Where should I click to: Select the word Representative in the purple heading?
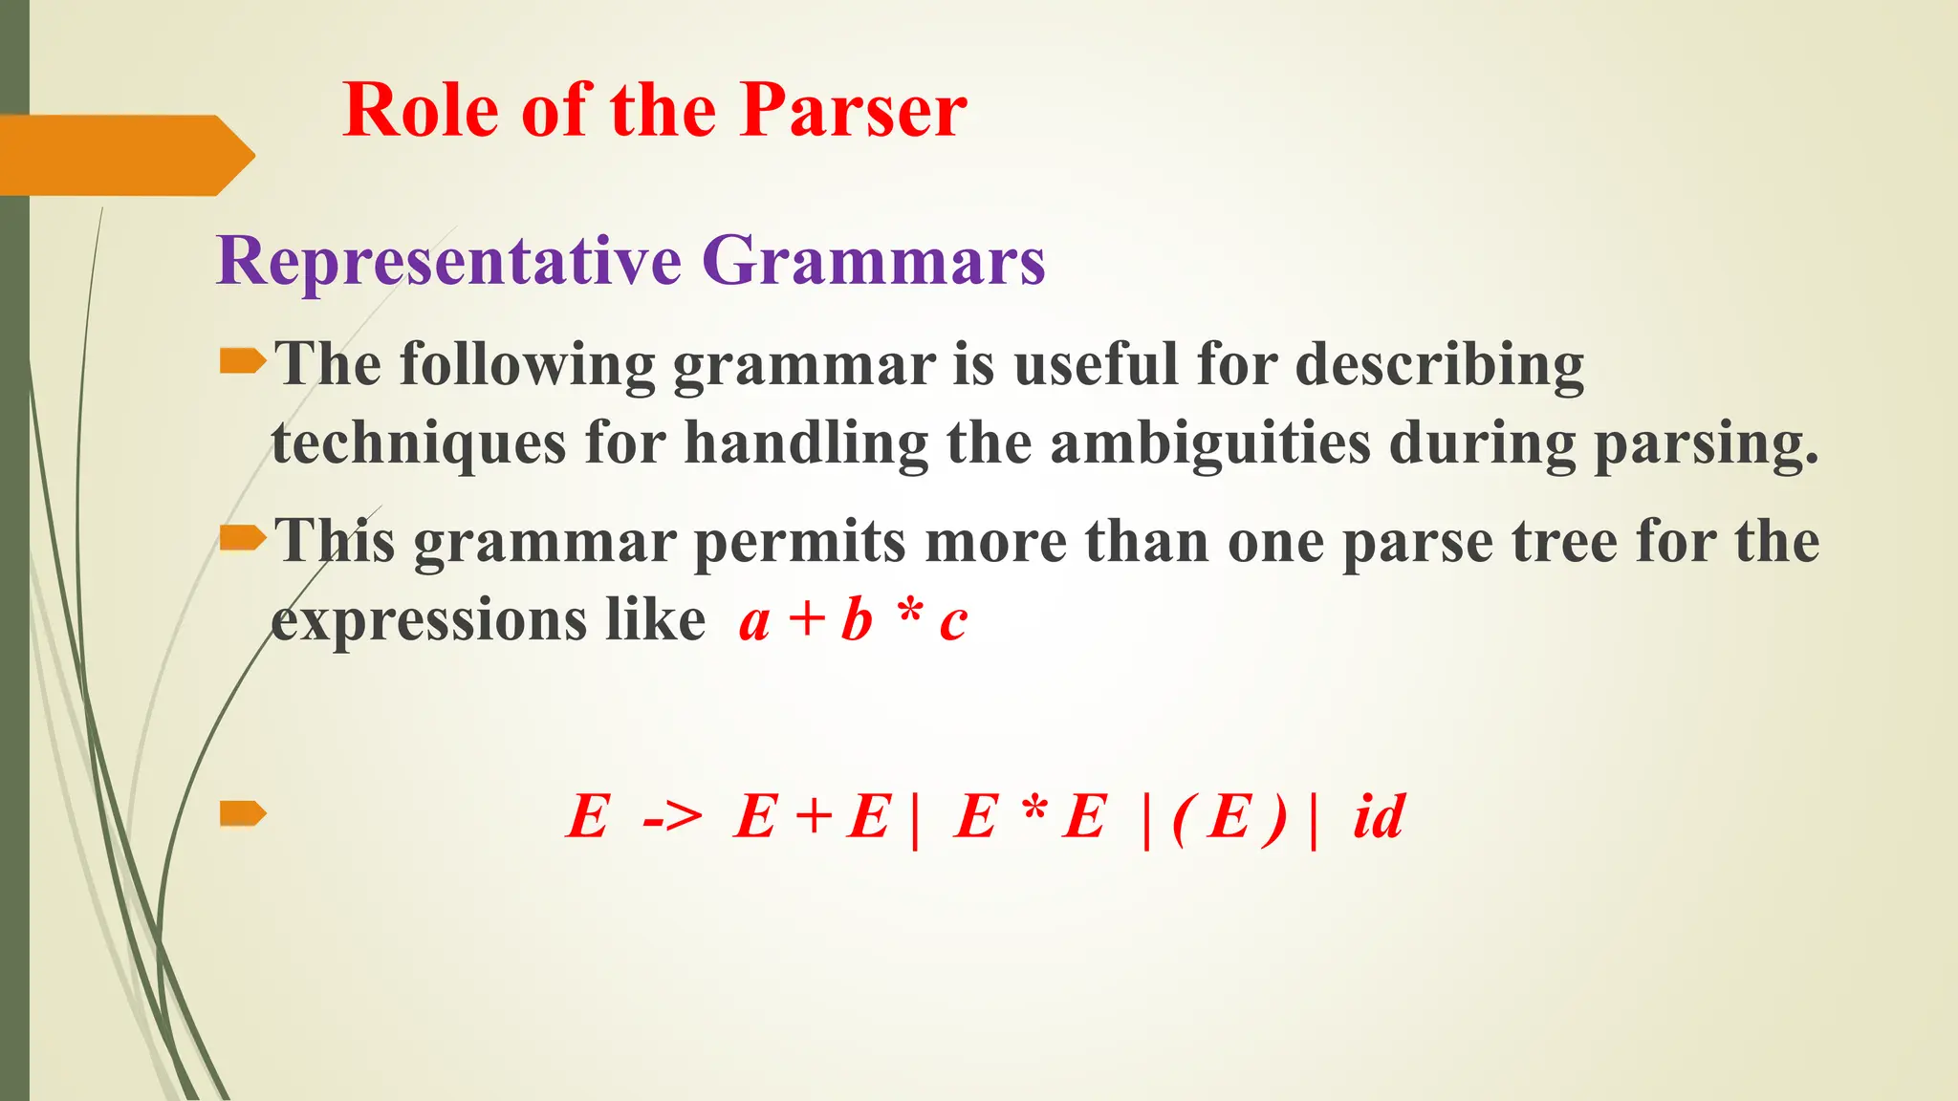(448, 261)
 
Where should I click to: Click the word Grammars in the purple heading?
(874, 261)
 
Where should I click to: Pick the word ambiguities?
(1210, 443)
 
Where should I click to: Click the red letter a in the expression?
(754, 623)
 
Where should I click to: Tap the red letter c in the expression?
(953, 623)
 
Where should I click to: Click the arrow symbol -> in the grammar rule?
(672, 818)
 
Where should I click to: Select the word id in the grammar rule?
(1378, 817)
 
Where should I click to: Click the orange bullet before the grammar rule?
(242, 814)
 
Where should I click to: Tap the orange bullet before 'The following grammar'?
(242, 361)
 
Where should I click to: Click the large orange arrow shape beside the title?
(124, 155)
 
